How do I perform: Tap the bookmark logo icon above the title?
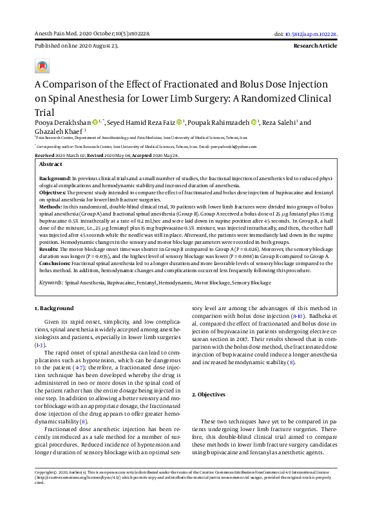coord(43,66)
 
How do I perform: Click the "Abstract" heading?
coord(50,164)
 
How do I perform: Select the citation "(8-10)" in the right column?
coord(296,335)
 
